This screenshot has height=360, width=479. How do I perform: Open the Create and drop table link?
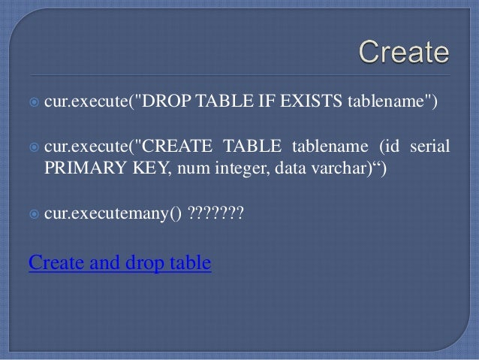119,263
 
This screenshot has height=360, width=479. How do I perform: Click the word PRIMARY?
80,167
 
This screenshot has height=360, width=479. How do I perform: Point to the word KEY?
148,167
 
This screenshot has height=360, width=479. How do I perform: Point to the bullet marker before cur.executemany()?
33,215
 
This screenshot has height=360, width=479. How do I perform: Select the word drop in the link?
155,264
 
